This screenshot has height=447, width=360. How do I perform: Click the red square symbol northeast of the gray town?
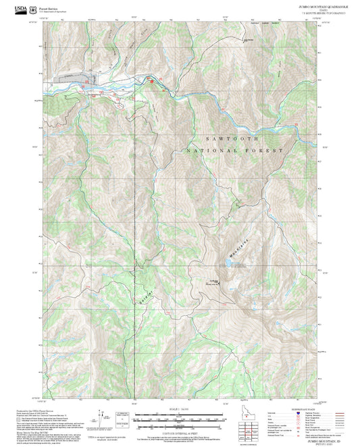click(x=151, y=81)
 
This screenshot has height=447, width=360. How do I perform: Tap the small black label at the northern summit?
click(x=249, y=38)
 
